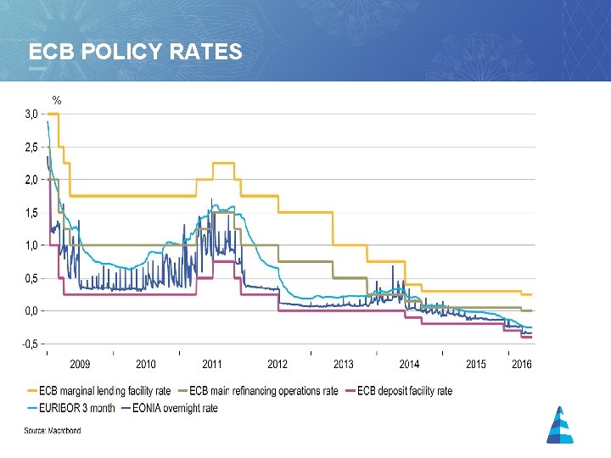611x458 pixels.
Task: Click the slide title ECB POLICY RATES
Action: point(135,52)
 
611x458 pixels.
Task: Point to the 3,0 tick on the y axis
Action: point(30,114)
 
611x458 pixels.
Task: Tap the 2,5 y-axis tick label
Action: point(30,147)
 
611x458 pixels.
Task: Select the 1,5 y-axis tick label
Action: point(30,213)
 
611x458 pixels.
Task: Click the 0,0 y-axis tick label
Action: point(30,311)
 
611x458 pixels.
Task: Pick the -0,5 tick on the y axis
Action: point(28,344)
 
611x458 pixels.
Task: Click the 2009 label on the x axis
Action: point(80,365)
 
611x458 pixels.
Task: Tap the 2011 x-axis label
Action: point(212,365)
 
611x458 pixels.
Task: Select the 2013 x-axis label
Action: point(344,365)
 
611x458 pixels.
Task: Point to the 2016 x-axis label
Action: point(522,365)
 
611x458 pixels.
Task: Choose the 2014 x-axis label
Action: point(410,365)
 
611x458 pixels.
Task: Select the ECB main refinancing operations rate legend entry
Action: point(263,391)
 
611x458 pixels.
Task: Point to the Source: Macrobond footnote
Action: point(53,431)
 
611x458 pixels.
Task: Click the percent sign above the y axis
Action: point(57,101)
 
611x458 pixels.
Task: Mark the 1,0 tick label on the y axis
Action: point(30,246)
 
